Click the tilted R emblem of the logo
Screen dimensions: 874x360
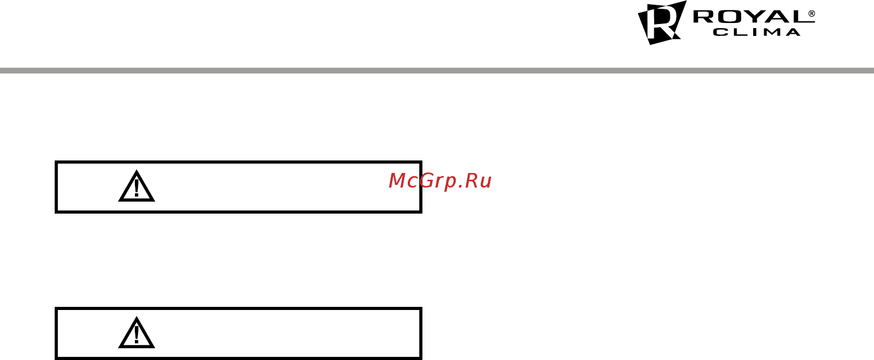coord(662,22)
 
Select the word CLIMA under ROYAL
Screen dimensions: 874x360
coord(757,32)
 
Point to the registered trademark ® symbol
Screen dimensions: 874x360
coord(811,14)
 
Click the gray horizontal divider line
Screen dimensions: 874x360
coord(437,71)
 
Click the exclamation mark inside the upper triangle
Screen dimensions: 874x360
coord(136,188)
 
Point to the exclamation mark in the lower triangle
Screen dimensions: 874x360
coord(136,334)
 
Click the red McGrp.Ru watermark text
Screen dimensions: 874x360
coord(440,181)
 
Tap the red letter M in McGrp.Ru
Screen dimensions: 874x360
coord(397,180)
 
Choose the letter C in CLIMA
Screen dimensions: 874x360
coord(719,32)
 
